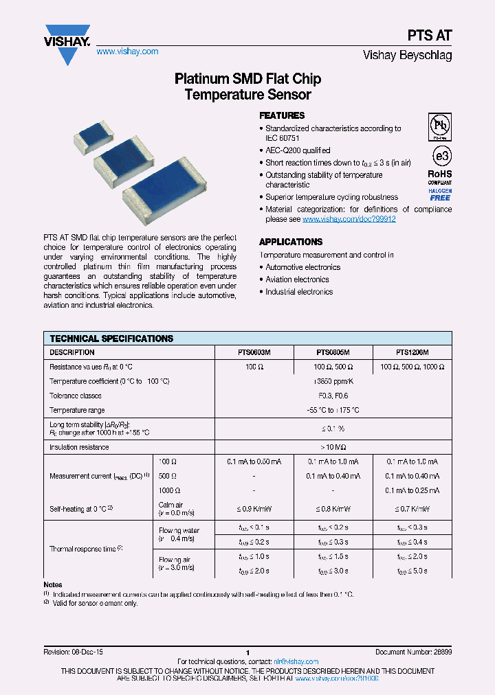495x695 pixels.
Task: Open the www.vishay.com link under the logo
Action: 127,52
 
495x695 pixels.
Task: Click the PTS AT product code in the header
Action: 434,36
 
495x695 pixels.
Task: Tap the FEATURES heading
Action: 282,115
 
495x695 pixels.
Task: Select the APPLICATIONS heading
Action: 291,242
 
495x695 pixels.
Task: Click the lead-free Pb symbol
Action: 440,126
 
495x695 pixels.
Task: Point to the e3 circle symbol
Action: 440,153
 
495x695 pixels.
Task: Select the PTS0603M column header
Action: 254,352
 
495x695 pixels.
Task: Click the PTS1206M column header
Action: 412,352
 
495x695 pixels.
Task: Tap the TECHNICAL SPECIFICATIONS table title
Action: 111,339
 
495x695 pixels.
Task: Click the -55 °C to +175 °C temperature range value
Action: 333,410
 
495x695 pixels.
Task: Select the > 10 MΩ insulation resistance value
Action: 333,447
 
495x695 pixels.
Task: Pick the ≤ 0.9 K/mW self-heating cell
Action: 254,509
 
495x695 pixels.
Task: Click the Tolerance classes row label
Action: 76,396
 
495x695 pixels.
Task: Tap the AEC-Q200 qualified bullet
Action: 298,150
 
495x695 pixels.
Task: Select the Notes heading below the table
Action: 53,584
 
